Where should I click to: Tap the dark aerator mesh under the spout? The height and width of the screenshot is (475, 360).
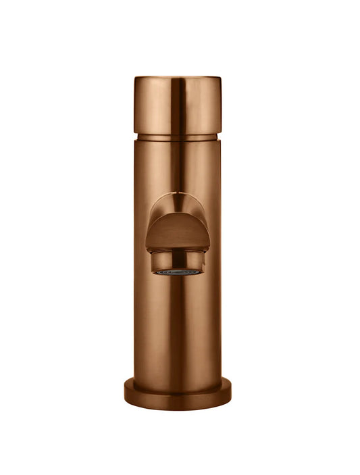click(177, 272)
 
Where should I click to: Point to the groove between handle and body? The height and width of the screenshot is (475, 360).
click(177, 136)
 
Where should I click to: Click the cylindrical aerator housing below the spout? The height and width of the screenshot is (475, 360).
click(177, 260)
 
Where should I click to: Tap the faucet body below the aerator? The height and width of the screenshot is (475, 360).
click(177, 324)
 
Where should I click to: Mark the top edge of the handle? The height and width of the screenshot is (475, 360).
click(177, 77)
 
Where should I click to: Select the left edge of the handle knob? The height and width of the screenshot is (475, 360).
click(135, 105)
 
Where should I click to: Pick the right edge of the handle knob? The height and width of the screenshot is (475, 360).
click(220, 105)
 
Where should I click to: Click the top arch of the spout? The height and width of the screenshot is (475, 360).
click(177, 194)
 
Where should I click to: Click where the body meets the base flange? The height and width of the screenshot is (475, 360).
click(177, 380)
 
